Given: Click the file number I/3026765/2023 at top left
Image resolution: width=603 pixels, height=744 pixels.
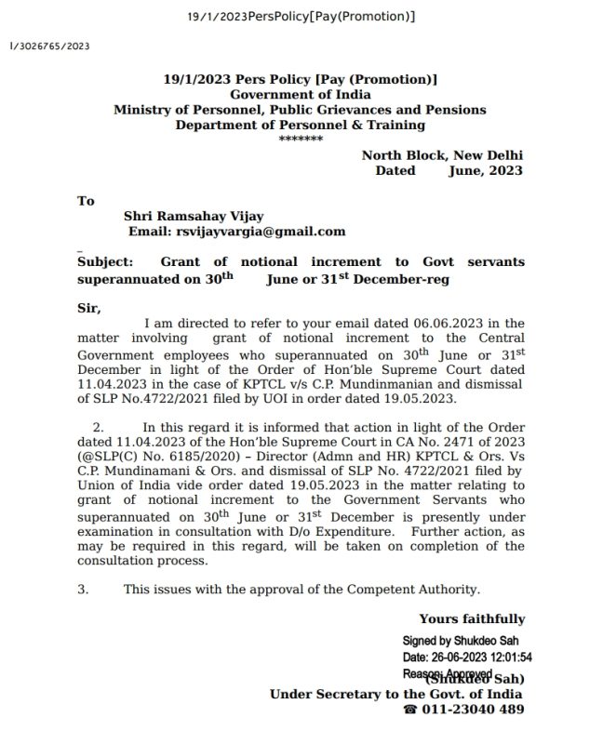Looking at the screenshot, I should tap(49, 44).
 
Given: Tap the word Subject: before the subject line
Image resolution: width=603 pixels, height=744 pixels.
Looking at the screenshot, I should tap(105, 263).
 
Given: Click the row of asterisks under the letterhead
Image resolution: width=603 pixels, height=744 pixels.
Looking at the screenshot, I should tap(301, 139).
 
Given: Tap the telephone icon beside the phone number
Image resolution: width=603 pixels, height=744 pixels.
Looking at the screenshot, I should tap(410, 709).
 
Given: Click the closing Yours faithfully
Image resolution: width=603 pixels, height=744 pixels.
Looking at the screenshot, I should tap(472, 618).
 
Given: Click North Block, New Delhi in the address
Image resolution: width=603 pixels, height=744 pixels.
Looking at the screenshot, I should tap(442, 155).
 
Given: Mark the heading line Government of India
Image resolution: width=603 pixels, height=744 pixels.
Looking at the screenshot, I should tap(301, 95).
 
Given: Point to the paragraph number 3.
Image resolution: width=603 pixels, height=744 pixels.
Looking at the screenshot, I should tap(83, 589).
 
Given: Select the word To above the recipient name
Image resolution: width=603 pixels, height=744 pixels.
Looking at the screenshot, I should tap(87, 200).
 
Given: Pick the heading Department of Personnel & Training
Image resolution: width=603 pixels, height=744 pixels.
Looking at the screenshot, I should tap(301, 125).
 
